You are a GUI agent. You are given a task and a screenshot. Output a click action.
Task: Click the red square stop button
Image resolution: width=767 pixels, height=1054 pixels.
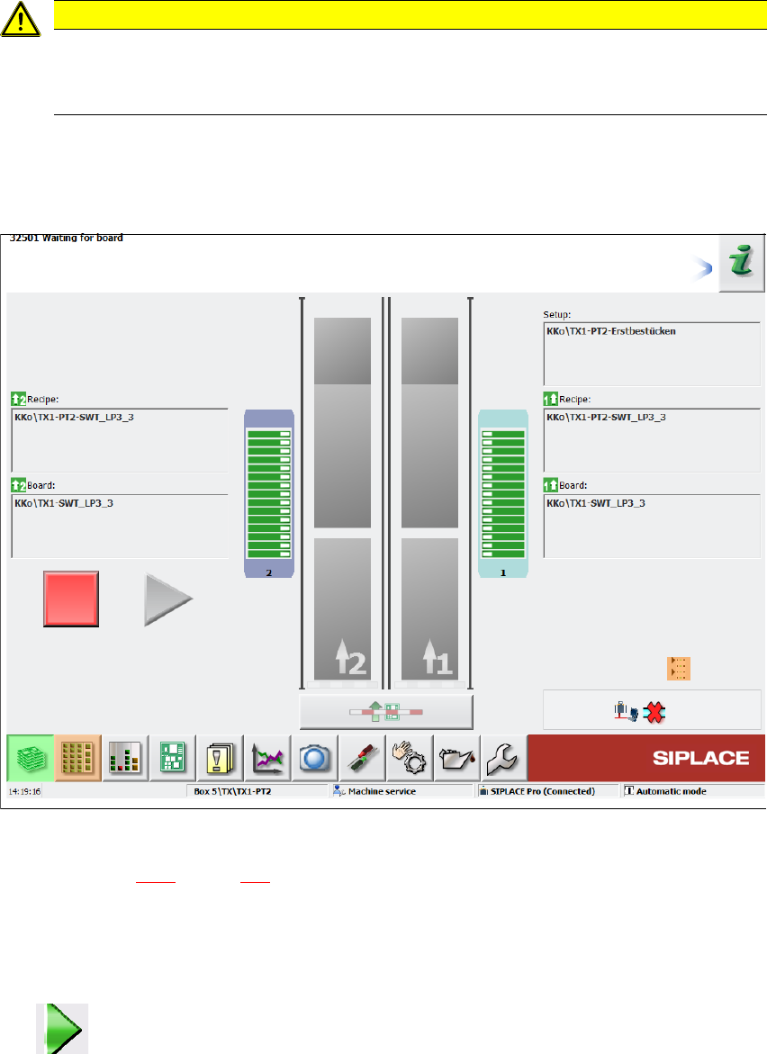coord(71,598)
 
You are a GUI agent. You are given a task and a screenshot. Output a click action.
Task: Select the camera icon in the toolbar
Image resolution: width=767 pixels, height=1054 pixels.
coord(314,758)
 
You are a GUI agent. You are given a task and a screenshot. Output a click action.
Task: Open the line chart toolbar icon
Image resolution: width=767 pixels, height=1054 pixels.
coord(266,758)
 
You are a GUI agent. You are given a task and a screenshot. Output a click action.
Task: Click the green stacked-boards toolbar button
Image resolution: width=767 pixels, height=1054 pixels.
coord(31,758)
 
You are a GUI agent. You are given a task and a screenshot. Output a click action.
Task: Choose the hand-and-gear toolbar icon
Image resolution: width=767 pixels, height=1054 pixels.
coord(409,758)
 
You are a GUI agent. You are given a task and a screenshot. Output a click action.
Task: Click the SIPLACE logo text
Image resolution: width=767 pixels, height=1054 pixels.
coord(700,758)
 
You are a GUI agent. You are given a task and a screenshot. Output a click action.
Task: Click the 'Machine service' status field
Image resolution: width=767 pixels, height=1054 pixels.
coord(401,791)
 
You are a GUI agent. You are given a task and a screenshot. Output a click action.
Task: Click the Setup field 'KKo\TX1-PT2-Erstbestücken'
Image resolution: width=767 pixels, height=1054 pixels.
coord(651,352)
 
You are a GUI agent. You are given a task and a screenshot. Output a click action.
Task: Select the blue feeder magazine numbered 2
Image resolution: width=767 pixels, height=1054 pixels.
coord(269,493)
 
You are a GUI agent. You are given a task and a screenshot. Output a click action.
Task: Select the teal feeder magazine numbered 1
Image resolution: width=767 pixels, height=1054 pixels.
coord(503,493)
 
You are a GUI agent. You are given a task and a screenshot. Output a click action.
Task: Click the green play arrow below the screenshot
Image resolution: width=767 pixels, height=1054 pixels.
coord(62,1029)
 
